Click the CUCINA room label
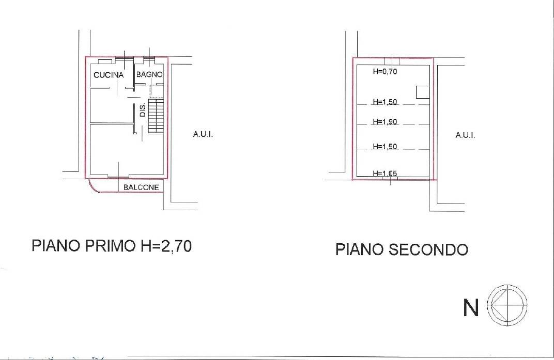click(109, 75)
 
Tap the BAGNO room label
click(149, 74)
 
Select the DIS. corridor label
click(143, 110)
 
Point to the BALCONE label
click(141, 187)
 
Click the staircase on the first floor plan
click(156, 116)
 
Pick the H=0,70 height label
click(385, 71)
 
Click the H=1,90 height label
click(385, 121)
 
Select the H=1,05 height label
click(385, 173)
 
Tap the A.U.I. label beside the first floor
click(203, 134)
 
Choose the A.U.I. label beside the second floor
click(465, 135)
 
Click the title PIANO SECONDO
click(402, 249)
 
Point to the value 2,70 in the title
click(176, 245)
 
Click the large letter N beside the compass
click(471, 308)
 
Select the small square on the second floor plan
click(423, 92)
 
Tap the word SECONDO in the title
click(428, 249)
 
